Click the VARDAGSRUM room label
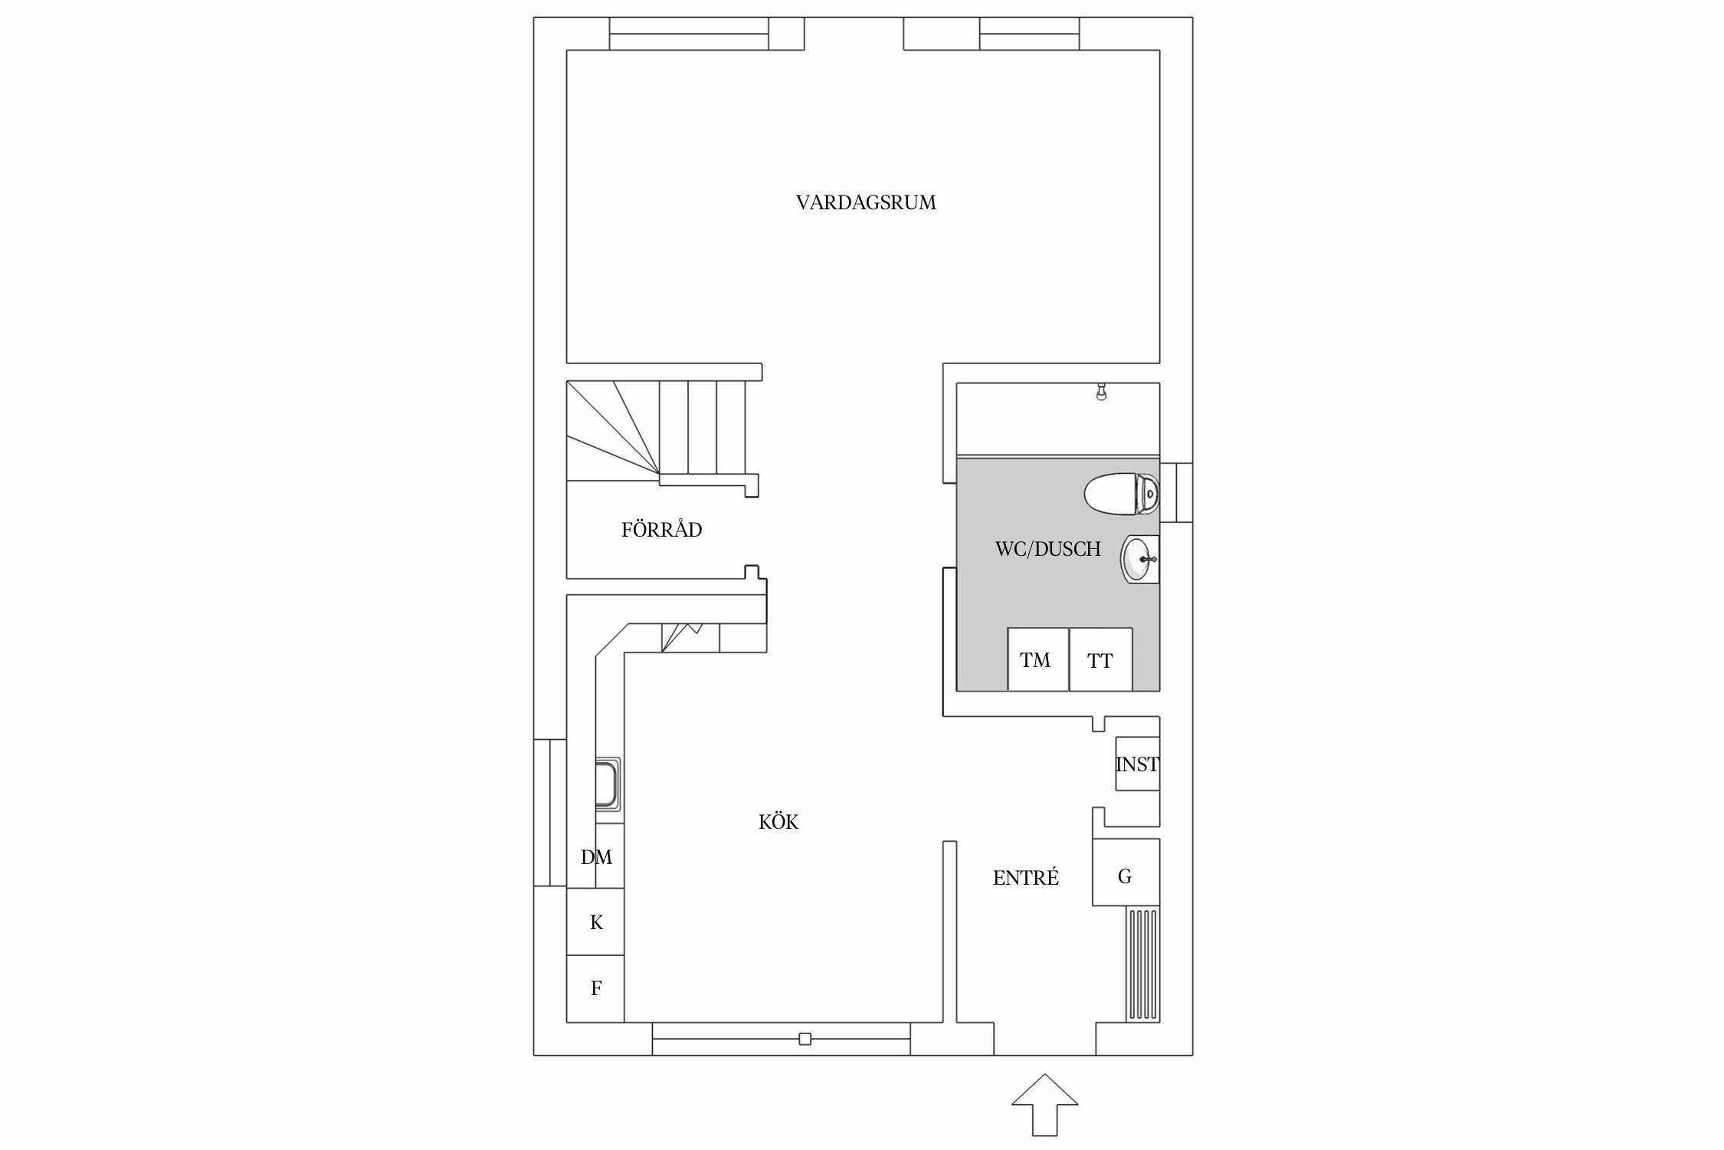[x=866, y=203]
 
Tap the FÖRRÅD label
[x=661, y=530]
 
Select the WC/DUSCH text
[x=1047, y=549]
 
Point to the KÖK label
[x=778, y=823]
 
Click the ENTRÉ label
[x=1025, y=879]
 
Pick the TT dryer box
[x=1100, y=659]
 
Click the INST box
[x=1137, y=764]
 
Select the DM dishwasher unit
[x=595, y=857]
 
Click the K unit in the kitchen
[x=595, y=922]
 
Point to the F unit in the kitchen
[x=595, y=988]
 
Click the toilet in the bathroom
[x=1120, y=494]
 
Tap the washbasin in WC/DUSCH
[x=1140, y=560]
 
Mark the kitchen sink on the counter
[x=608, y=784]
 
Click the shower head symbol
[x=1101, y=393]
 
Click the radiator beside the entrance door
[x=1142, y=965]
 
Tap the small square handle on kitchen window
[x=805, y=1039]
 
